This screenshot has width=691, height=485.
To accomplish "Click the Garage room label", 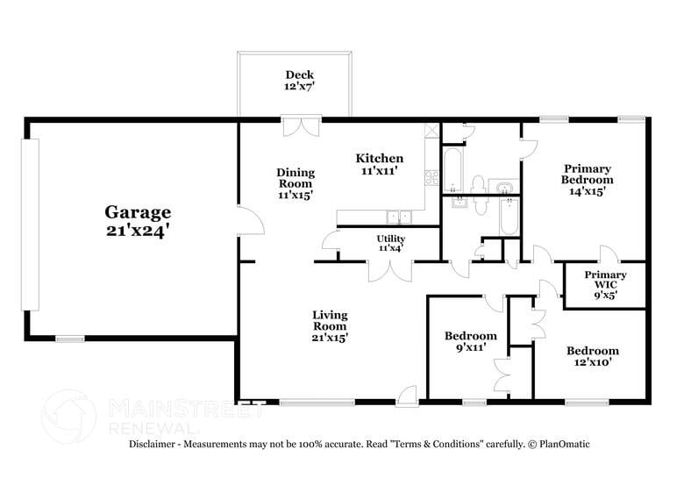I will [138, 221].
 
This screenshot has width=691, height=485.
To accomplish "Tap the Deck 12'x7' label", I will [300, 81].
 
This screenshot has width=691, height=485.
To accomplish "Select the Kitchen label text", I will [379, 164].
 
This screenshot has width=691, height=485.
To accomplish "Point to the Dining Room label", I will [296, 183].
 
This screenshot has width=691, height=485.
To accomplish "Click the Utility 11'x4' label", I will [391, 244].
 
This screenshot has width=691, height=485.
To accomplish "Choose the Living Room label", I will [331, 325].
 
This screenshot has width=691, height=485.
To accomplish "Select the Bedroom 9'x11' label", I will [470, 342].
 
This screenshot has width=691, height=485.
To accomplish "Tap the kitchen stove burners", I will [431, 176].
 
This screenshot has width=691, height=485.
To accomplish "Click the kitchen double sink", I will [400, 217].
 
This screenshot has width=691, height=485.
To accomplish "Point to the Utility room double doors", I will [390, 270].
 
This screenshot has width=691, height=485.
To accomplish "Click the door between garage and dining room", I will [251, 219].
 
